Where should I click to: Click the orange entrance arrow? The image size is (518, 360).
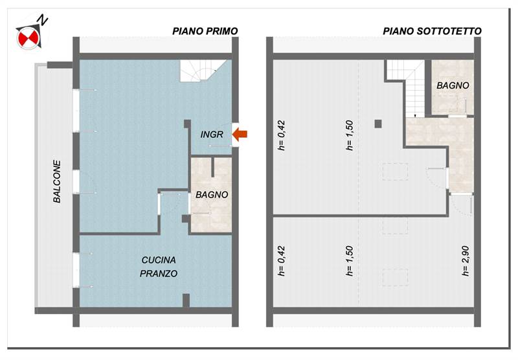point(240,134)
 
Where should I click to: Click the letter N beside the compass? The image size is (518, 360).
point(42,19)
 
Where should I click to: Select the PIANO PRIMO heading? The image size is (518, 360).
point(205,31)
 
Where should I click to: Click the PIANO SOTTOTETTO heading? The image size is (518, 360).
point(432,31)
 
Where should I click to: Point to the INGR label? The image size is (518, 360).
point(212,135)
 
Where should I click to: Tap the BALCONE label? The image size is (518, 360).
point(57,181)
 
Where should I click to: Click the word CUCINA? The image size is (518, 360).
point(159,260)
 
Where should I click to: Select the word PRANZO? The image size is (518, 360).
point(159,273)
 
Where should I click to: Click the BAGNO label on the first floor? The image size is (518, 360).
point(212,195)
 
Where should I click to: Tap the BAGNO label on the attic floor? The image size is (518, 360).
point(453,85)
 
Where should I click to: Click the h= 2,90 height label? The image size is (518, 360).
point(465,261)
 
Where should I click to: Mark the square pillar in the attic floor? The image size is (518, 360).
point(378,124)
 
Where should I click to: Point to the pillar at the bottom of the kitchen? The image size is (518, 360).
point(186,300)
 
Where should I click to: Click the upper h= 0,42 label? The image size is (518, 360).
point(282,135)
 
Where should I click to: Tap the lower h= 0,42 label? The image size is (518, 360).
point(282,261)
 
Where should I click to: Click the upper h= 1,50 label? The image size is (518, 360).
point(350,135)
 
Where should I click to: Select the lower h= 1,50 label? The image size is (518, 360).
point(350,261)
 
